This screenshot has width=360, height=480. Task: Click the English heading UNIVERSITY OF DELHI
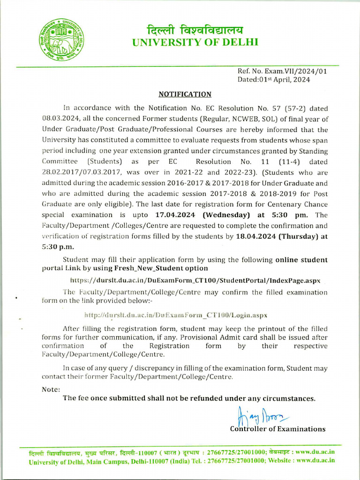(195, 43)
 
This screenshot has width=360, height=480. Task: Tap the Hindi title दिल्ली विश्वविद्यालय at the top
(195, 30)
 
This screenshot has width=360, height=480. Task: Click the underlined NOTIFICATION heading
(185, 94)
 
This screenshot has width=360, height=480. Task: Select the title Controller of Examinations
(277, 429)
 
